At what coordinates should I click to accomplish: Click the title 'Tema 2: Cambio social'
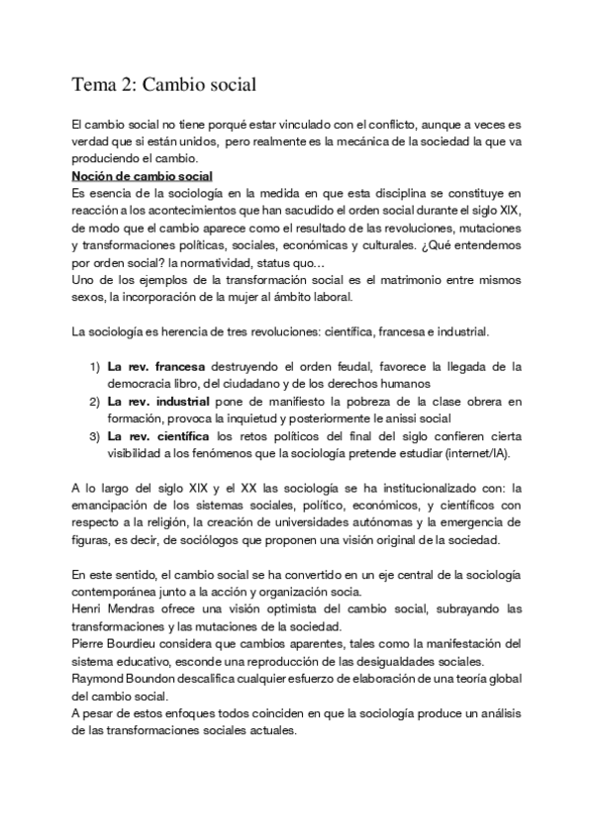(164, 86)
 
